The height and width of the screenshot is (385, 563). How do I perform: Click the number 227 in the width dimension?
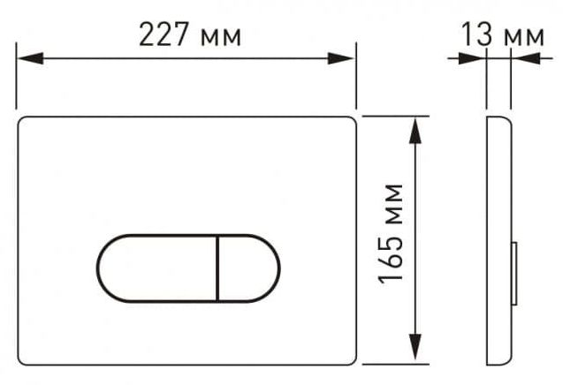coord(164,34)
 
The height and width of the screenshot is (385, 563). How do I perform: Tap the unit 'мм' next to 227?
coord(221,37)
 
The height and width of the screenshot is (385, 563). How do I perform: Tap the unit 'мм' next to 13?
coord(524,37)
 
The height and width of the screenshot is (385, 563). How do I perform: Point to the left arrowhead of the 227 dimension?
coord(30,58)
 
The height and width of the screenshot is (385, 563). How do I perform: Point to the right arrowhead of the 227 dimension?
coord(341,58)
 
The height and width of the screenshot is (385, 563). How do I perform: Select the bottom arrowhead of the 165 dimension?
coord(415,347)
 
